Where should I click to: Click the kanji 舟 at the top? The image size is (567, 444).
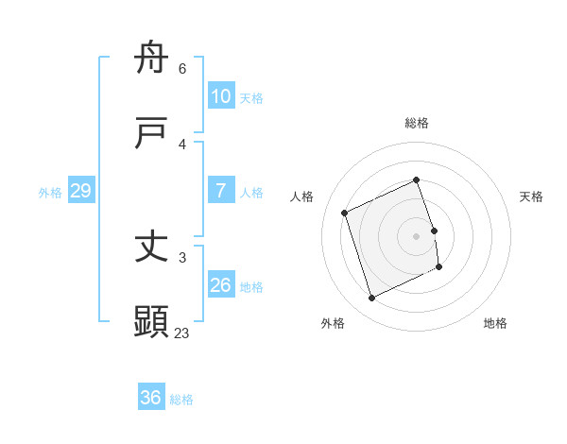(x=151, y=59)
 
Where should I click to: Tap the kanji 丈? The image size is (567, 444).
(x=151, y=248)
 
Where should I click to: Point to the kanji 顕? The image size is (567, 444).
(x=151, y=322)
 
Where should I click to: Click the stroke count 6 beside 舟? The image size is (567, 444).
(x=182, y=69)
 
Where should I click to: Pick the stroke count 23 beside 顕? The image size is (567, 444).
(x=181, y=333)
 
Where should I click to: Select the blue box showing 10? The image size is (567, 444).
(x=220, y=96)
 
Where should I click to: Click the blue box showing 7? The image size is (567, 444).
(x=220, y=191)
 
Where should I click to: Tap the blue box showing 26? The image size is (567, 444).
(x=220, y=285)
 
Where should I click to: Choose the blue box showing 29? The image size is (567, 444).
(x=80, y=191)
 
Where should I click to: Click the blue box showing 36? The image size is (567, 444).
(x=150, y=398)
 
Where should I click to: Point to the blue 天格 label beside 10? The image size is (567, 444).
(x=251, y=98)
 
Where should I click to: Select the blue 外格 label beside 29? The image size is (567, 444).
(x=50, y=193)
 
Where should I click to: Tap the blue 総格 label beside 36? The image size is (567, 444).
(x=181, y=400)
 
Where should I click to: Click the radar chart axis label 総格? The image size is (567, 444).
(x=417, y=123)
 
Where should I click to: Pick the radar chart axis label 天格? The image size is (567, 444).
(x=532, y=196)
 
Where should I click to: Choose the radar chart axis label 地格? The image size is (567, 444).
(x=495, y=323)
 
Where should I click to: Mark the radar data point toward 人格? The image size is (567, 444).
(x=345, y=213)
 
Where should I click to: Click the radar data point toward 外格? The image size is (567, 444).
(x=371, y=299)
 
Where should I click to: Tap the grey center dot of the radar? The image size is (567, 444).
(x=417, y=235)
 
